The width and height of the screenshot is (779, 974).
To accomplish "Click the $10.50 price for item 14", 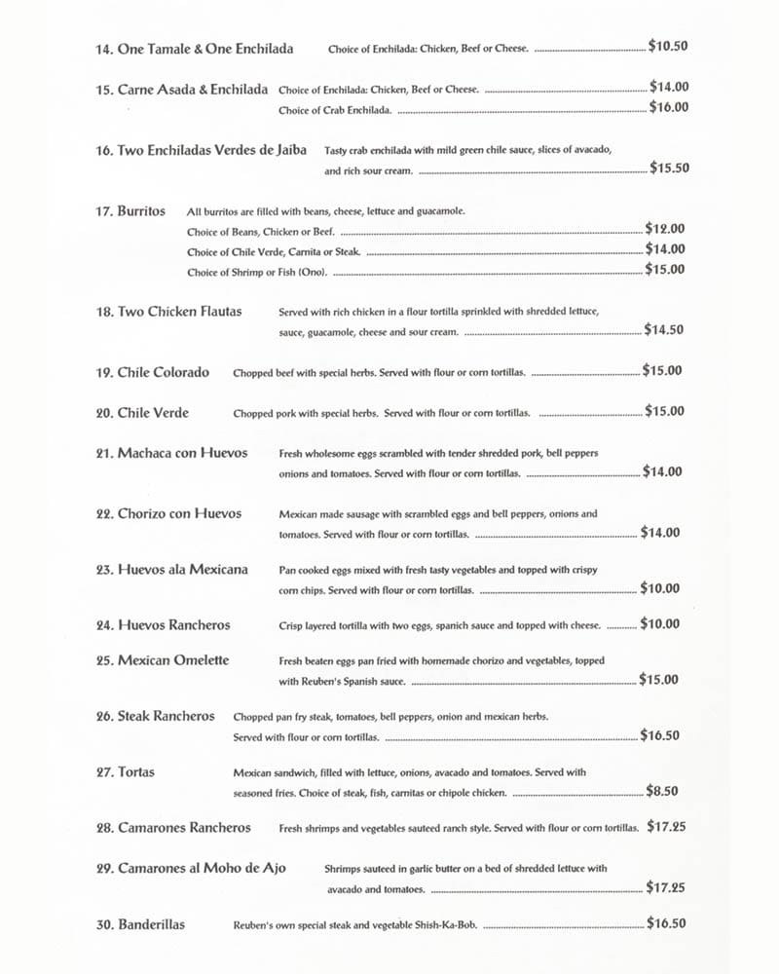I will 668,46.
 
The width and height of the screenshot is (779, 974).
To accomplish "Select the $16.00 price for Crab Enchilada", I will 669,108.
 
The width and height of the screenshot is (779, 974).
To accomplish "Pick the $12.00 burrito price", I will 665,229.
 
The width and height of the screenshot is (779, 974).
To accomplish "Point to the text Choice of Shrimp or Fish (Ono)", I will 257,272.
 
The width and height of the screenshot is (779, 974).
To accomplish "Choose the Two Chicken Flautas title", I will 179,312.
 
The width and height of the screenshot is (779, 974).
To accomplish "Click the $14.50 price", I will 663,330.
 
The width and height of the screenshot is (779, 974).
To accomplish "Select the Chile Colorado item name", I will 163,372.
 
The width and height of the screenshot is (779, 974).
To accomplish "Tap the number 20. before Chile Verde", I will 105,413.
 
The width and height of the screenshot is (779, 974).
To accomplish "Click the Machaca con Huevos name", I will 182,453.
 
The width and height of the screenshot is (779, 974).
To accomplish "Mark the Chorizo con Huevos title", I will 179,513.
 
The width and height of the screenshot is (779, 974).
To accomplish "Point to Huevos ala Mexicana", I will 182,570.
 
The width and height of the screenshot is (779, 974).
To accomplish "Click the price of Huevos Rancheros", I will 660,624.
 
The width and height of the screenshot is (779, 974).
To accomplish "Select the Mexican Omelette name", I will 173,660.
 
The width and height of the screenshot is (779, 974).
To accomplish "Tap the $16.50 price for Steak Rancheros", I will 660,736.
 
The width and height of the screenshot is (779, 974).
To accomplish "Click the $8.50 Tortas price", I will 662,792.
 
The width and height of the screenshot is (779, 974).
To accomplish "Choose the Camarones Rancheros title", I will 184,828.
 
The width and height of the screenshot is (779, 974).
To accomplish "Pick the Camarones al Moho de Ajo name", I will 202,868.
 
